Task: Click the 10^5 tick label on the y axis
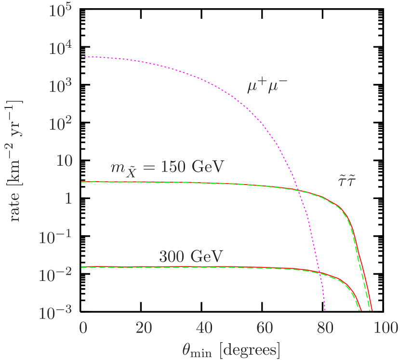60,12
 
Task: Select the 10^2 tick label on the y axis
60,124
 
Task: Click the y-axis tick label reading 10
63,161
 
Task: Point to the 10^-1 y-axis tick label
56,237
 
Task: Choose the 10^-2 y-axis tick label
56,274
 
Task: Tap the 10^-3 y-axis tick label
56,312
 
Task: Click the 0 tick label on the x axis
83,329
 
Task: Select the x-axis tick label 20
143,329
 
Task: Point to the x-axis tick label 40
204,329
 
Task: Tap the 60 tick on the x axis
264,329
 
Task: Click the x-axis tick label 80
325,329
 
